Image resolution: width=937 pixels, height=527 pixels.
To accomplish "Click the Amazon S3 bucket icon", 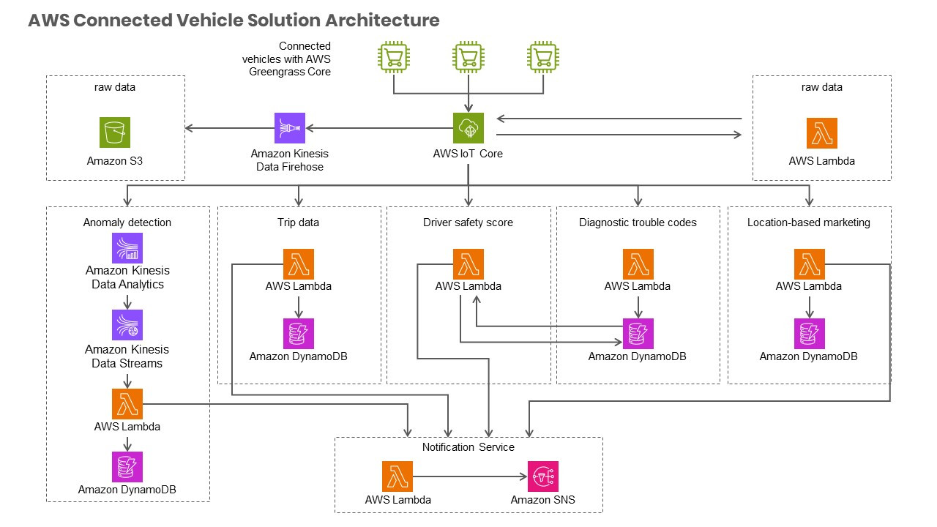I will (x=115, y=132).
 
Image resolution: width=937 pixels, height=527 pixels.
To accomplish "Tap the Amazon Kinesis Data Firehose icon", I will (x=290, y=128).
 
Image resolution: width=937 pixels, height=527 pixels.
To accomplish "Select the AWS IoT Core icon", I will (x=468, y=128).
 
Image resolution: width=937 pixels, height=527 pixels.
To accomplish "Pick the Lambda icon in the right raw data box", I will (x=821, y=133).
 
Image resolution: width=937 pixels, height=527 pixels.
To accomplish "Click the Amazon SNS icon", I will (x=543, y=476).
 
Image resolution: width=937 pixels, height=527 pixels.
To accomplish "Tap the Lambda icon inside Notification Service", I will (x=397, y=476).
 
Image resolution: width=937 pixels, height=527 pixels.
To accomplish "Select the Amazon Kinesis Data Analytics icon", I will (x=127, y=248).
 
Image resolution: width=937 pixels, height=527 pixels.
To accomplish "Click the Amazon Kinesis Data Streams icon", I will (x=127, y=325).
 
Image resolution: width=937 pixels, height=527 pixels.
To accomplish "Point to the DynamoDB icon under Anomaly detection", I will (x=127, y=466).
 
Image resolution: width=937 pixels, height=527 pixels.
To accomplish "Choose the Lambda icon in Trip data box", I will (x=298, y=264).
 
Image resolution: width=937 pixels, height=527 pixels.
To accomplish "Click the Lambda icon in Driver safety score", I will (x=468, y=264).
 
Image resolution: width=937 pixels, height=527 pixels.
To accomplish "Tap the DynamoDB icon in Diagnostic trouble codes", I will (x=638, y=334).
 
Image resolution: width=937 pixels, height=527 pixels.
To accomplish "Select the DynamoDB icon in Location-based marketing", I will (x=809, y=334).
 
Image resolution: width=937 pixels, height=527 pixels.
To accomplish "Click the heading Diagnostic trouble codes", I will (x=638, y=223).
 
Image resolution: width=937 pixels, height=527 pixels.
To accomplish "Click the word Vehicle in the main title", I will (x=212, y=20).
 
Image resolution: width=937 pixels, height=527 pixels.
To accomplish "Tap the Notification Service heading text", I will (x=468, y=447).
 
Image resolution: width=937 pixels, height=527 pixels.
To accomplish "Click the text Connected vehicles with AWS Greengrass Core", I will (x=287, y=59).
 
